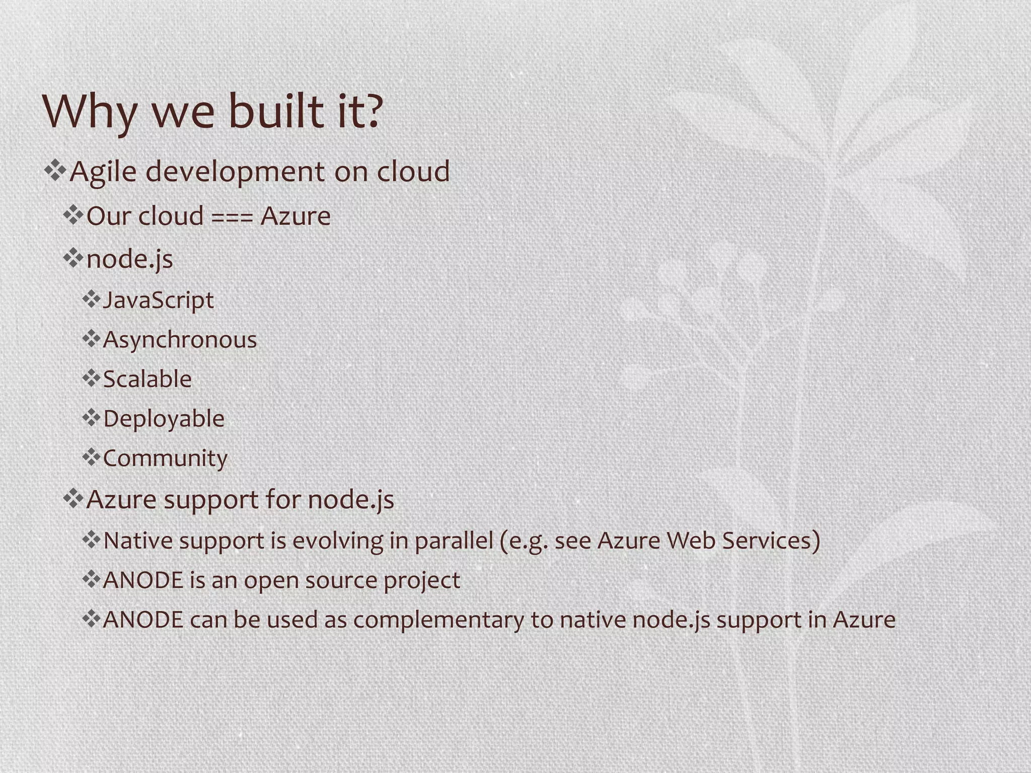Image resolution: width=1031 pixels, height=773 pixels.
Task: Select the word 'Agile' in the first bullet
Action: pos(103,172)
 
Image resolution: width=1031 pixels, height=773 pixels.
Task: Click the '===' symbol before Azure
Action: pos(232,217)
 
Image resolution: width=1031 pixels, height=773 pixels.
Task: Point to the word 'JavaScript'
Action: pos(158,301)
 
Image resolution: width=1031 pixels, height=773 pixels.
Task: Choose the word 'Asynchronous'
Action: pos(180,340)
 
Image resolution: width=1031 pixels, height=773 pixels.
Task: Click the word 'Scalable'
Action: pos(147,379)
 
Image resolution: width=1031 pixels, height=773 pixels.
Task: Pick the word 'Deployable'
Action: pos(164,419)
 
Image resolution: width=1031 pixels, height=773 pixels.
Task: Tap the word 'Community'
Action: pos(165,458)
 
